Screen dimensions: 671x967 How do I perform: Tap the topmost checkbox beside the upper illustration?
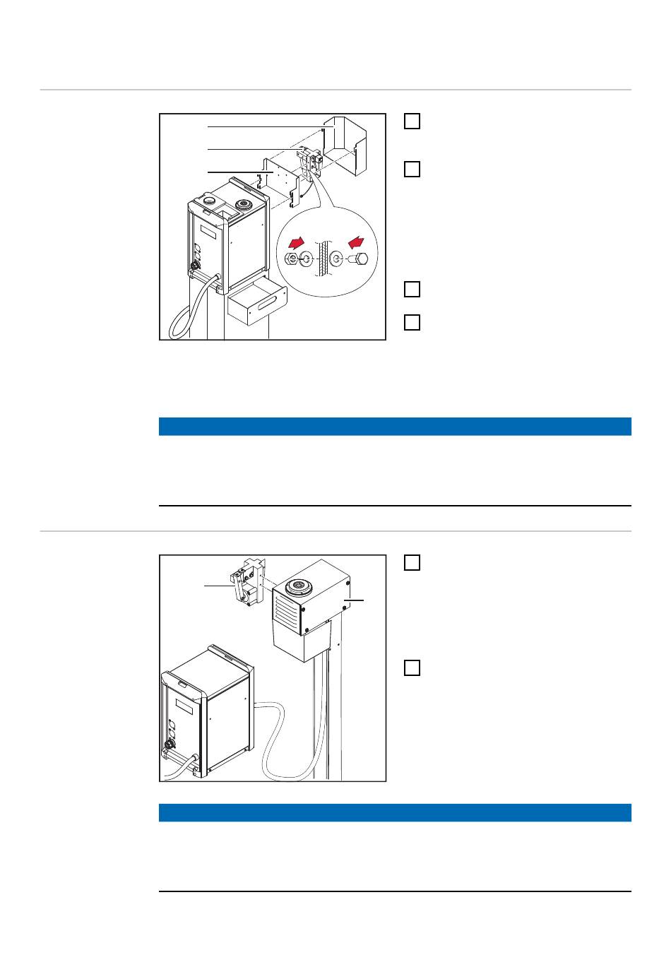pyautogui.click(x=412, y=121)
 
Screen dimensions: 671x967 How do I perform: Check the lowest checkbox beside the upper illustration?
pyautogui.click(x=412, y=323)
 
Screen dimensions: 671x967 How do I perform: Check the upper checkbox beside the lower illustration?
pyautogui.click(x=412, y=563)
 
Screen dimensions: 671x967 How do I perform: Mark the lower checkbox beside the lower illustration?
pyautogui.click(x=412, y=668)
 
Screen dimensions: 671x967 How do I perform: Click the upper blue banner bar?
pyautogui.click(x=395, y=427)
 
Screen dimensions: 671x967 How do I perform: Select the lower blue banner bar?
pyautogui.click(x=395, y=812)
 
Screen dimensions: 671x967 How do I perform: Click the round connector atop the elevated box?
pyautogui.click(x=295, y=586)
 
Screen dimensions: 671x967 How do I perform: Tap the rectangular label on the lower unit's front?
pyautogui.click(x=183, y=706)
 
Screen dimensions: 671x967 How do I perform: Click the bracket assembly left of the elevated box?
pyautogui.click(x=247, y=583)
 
